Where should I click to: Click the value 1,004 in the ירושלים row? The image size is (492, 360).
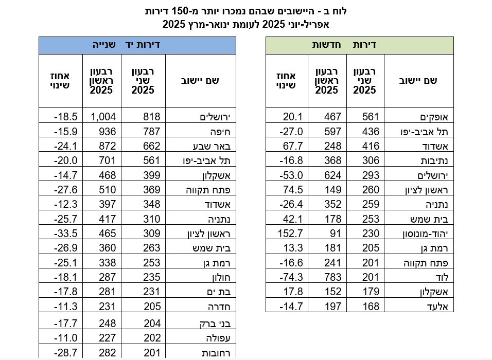click(x=104, y=117)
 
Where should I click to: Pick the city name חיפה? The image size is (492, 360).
click(x=212, y=131)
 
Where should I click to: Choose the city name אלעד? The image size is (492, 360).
click(x=424, y=307)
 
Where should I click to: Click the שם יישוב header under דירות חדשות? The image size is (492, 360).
click(x=417, y=81)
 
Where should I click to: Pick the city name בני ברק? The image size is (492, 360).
click(x=206, y=324)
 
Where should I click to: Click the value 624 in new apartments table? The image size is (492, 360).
click(x=332, y=175)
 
